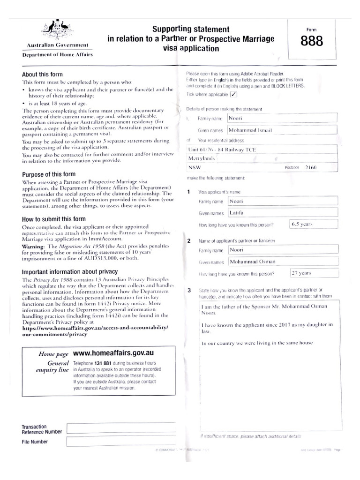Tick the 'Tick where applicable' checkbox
(233, 94)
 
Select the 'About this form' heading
(42, 75)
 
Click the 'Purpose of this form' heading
(46, 174)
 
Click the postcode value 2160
(311, 167)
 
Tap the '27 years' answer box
(308, 273)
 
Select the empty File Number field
(121, 442)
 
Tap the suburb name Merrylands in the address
(201, 158)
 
